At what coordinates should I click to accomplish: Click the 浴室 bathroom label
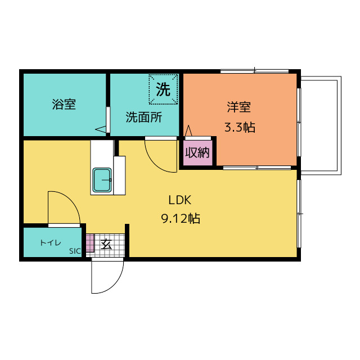coord(64,104)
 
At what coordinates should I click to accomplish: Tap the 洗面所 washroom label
coord(144,117)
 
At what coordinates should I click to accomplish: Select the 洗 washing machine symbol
coord(163,89)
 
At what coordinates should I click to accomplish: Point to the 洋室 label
coord(238,107)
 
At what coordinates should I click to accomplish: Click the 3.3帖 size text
coord(240,127)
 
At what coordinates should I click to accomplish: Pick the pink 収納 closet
coord(197,152)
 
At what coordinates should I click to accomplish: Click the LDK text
coord(180,200)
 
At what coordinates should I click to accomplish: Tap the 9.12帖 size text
coord(181,219)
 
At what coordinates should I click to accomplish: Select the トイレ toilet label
coord(51,242)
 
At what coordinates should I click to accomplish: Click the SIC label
coord(75,251)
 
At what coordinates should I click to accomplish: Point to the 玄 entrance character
coord(106,244)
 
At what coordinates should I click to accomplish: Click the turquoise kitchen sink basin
coord(102,180)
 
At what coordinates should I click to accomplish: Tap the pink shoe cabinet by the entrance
coord(90,243)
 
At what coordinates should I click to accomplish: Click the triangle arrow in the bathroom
coord(101,129)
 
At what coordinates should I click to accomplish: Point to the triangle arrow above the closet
coord(188,130)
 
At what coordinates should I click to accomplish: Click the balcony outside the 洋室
coord(321,125)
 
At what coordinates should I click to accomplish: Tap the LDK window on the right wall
coord(299,214)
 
